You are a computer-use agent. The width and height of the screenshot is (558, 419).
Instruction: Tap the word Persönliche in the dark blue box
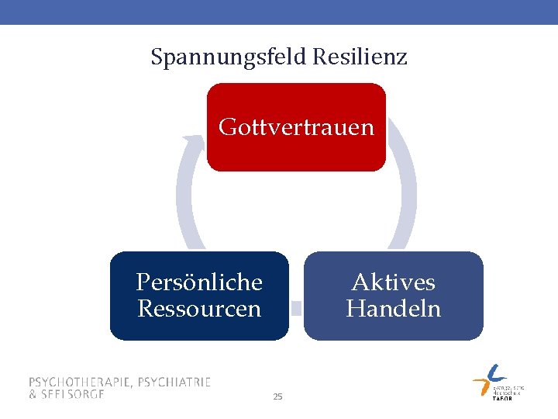tap(199, 282)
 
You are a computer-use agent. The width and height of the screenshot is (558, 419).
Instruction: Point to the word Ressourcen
tap(199, 309)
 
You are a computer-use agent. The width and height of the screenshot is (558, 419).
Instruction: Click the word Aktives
tap(393, 282)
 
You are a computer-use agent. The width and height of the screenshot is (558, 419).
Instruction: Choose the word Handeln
tap(393, 309)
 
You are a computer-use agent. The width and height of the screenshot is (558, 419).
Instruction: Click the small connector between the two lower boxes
tap(296, 307)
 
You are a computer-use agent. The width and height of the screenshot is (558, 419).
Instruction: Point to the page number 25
tap(278, 397)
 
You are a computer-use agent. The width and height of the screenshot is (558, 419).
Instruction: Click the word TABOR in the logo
tap(502, 398)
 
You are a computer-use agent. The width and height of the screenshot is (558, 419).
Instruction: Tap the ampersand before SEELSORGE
tap(33, 393)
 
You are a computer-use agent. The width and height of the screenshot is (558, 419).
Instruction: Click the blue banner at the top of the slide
tap(279, 12)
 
